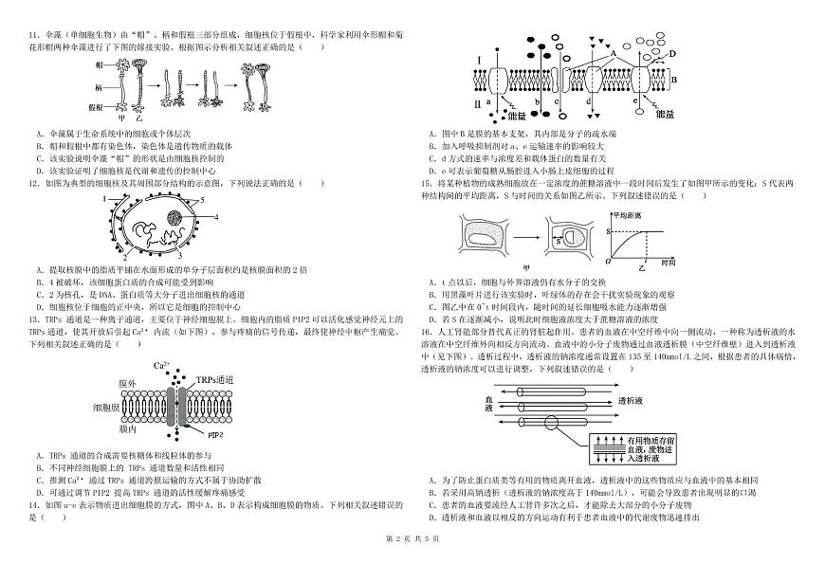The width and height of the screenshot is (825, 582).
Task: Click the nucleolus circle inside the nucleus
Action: click(x=176, y=220)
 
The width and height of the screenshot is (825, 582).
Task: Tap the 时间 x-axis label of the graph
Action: click(x=669, y=262)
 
